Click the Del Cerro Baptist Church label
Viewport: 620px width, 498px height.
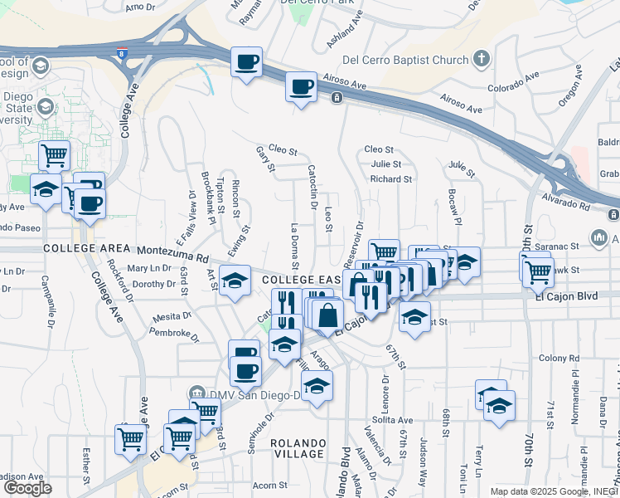pyautogui.click(x=405, y=60)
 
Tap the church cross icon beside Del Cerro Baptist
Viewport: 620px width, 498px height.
pyautogui.click(x=481, y=59)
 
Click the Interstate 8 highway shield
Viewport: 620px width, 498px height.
pyautogui.click(x=123, y=54)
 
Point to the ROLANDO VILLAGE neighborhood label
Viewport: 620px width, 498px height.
pyautogui.click(x=298, y=448)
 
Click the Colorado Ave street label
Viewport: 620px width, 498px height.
pyautogui.click(x=512, y=85)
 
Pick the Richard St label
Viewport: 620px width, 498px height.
pyautogui.click(x=391, y=178)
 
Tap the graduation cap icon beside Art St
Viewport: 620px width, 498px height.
pyautogui.click(x=236, y=281)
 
